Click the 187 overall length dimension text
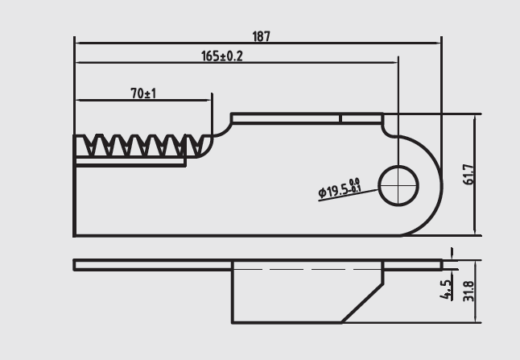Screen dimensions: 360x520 click(262, 36)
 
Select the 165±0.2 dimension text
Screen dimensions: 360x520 click(222, 56)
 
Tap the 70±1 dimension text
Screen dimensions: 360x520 click(144, 94)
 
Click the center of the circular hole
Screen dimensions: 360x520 click(398, 186)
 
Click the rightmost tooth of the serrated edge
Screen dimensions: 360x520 click(196, 145)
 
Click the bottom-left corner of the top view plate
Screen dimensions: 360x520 click(75, 235)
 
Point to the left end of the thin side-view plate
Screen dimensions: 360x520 click(75, 265)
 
